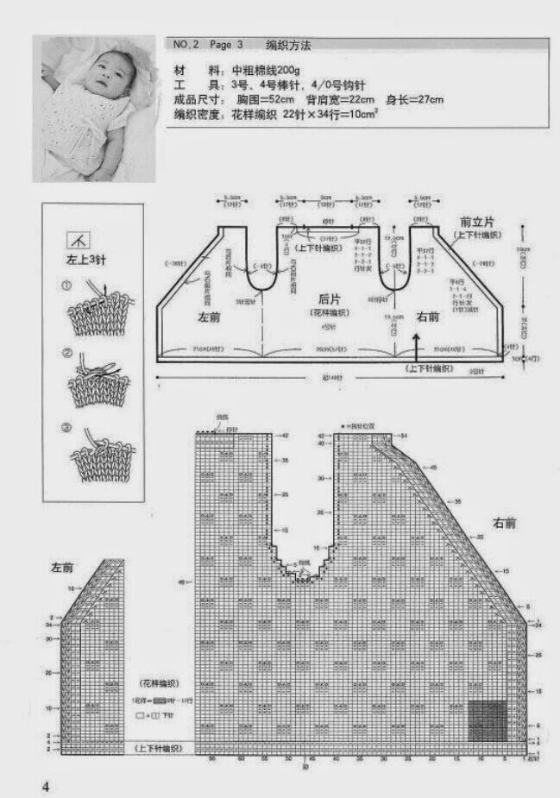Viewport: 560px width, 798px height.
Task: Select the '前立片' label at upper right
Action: coord(471,220)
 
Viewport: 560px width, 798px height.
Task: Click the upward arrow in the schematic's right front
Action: coord(417,345)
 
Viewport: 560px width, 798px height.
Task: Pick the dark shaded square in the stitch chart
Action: coord(488,720)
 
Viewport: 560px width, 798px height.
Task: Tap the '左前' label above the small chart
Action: coord(61,569)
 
